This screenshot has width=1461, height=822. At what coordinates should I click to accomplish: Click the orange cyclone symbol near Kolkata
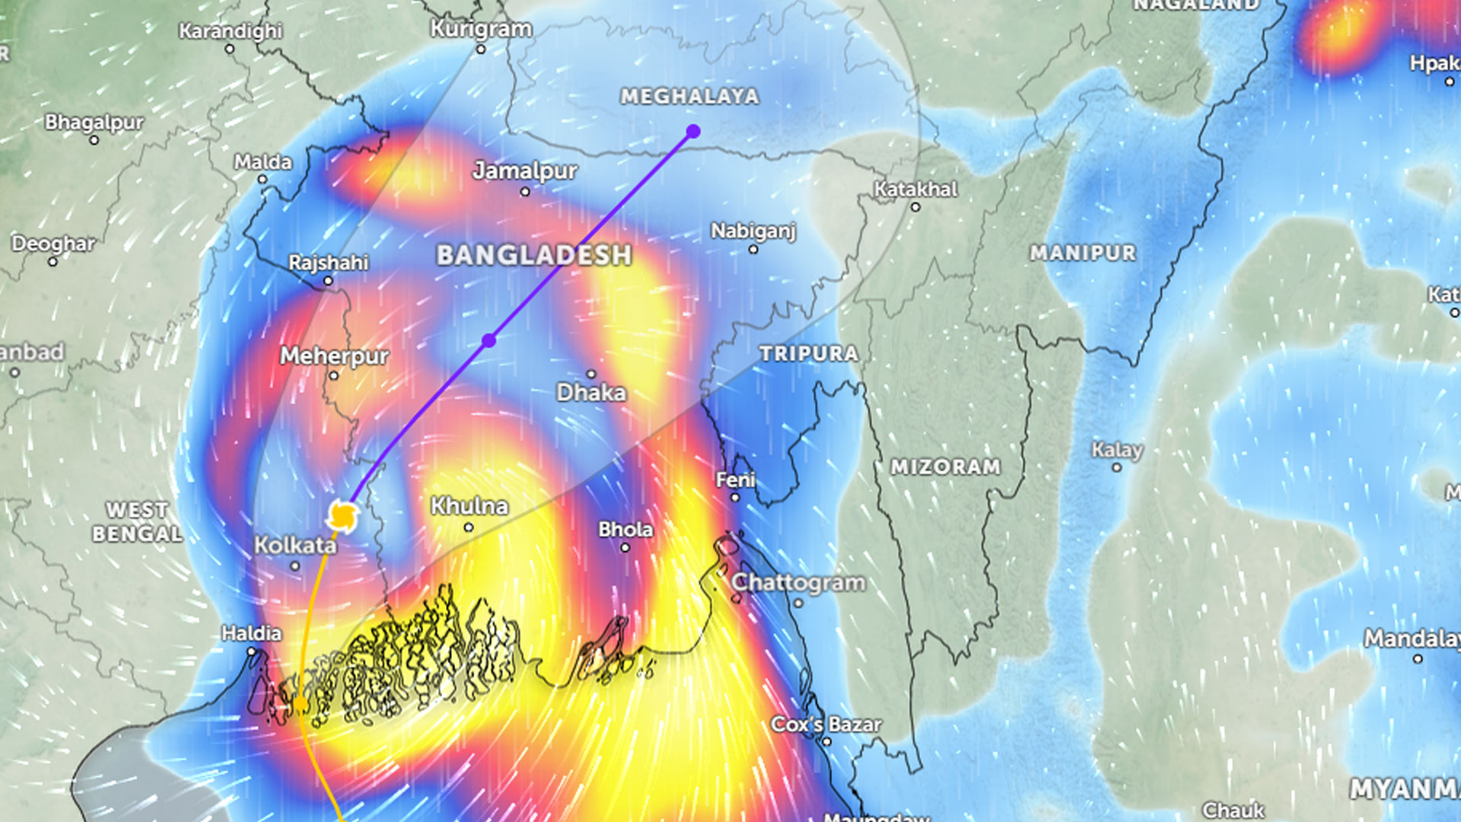tap(342, 517)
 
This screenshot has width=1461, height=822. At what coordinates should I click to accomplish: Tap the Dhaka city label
tap(591, 393)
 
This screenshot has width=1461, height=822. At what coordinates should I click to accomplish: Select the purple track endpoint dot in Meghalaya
tap(692, 132)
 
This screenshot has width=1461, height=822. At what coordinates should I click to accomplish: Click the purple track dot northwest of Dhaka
tap(489, 341)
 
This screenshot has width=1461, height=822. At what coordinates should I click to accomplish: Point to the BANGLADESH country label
tap(533, 255)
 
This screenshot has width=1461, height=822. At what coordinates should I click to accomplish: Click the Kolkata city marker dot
tap(295, 566)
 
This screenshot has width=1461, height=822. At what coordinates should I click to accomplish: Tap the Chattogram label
tap(797, 583)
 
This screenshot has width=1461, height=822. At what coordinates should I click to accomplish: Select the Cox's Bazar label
tap(826, 725)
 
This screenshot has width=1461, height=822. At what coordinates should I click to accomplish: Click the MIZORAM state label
tap(945, 467)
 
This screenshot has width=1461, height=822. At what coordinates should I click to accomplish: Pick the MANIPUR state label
tap(1082, 253)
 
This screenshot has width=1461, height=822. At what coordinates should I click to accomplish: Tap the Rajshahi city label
tap(328, 263)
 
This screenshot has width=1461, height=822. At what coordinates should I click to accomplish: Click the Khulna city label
tap(469, 506)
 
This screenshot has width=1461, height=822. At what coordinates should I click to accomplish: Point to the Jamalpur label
tap(524, 170)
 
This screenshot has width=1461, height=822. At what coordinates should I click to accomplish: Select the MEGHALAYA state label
tap(689, 97)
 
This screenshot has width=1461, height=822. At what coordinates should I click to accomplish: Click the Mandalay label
tap(1412, 638)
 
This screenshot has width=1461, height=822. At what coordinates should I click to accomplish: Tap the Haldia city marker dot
tap(252, 652)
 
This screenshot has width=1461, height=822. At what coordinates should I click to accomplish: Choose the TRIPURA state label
tap(808, 353)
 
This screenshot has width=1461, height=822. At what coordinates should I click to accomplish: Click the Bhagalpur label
tap(94, 122)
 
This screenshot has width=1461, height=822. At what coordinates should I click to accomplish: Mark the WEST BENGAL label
tap(137, 522)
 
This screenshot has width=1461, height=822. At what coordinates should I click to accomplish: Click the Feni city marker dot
tap(735, 498)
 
